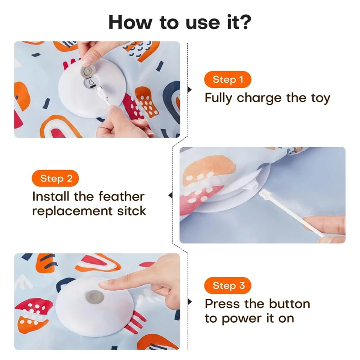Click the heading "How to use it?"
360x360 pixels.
(x=180, y=21)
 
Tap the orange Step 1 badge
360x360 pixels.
(x=227, y=80)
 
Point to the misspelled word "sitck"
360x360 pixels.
(x=130, y=211)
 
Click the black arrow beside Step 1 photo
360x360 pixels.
(x=189, y=90)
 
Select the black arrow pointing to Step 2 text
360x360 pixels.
(x=170, y=195)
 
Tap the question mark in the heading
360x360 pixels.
(x=245, y=21)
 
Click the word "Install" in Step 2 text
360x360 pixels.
(x=50, y=197)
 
